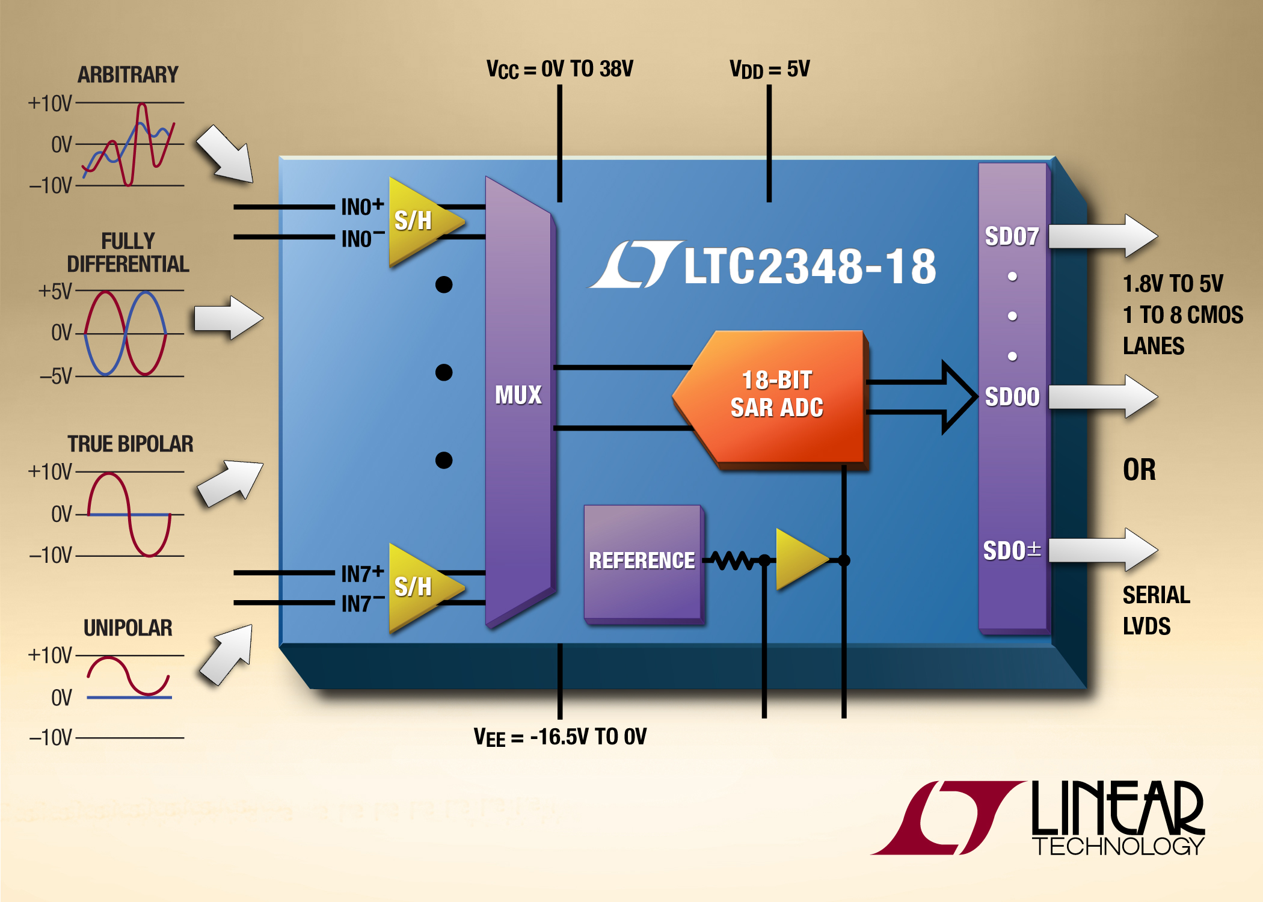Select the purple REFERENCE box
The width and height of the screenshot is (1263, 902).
(x=642, y=560)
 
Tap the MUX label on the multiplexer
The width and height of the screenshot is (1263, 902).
(x=518, y=395)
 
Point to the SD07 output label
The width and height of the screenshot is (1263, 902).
(x=1012, y=236)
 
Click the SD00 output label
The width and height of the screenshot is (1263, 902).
(x=1012, y=397)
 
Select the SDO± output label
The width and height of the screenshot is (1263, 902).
(x=1012, y=550)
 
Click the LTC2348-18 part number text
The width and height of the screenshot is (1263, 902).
(x=810, y=266)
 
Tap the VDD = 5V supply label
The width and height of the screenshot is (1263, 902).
(x=769, y=69)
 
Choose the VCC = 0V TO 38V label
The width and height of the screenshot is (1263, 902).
(x=559, y=69)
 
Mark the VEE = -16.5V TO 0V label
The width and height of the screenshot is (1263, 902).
(x=559, y=737)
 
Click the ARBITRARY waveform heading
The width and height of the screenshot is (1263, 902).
(x=128, y=75)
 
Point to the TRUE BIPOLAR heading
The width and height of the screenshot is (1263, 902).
(x=130, y=444)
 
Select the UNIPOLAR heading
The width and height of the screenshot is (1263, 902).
(x=128, y=628)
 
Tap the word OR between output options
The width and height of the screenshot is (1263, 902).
(x=1139, y=470)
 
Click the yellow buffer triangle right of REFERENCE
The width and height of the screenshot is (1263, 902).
(x=800, y=560)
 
